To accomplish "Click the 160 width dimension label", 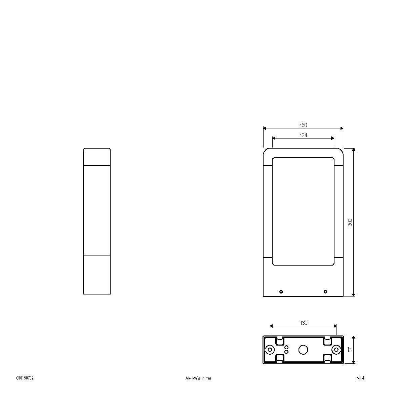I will pos(303,125).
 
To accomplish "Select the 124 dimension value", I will pos(303,135).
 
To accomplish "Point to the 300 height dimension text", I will pos(350,222).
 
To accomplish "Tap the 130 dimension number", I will pos(303,323).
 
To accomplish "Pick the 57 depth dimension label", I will pos(351,350).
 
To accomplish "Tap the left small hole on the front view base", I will pos(281,291).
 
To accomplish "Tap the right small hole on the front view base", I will pos(325,291).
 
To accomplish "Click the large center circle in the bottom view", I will pos(303,350).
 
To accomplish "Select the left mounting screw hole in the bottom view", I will pos(270,350).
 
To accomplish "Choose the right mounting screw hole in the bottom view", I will pos(336,350).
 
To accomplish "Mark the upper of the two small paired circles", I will pos(286,347).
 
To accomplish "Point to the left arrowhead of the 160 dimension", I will pos(264,128).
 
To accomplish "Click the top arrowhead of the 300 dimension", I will pos(353,149).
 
